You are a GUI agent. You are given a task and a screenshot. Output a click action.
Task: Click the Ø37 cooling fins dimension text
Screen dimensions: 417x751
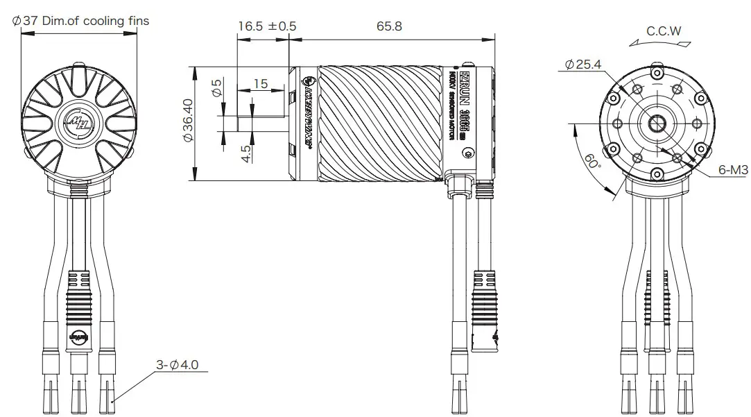pyautogui.click(x=81, y=21)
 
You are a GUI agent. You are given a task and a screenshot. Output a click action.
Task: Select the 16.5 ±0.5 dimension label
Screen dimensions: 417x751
pyautogui.click(x=267, y=26)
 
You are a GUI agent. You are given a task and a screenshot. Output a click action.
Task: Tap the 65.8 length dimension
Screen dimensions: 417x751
pyautogui.click(x=389, y=26)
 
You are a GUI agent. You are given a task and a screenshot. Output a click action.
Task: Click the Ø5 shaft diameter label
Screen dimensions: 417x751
pyautogui.click(x=216, y=87)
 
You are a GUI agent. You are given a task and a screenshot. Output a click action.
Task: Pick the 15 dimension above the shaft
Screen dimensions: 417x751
pyautogui.click(x=260, y=83)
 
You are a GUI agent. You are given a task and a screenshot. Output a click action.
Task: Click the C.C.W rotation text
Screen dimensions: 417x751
pyautogui.click(x=664, y=31)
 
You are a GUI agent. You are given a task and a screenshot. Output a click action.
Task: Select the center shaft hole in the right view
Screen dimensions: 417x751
pyautogui.click(x=656, y=124)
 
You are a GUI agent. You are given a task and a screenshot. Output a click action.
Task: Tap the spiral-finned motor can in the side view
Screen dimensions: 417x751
pyautogui.click(x=378, y=123)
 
